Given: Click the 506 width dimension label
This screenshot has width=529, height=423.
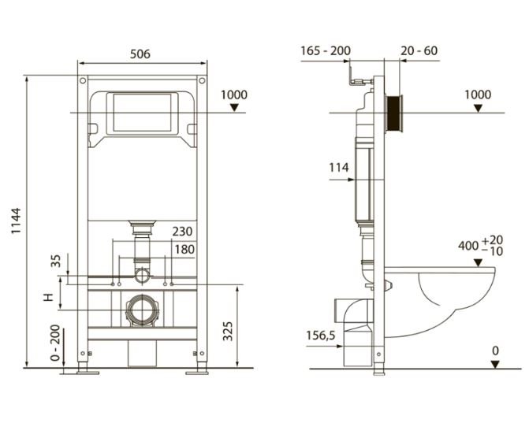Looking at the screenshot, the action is pyautogui.click(x=140, y=54).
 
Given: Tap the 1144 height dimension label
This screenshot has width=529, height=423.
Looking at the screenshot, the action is pyautogui.click(x=16, y=221).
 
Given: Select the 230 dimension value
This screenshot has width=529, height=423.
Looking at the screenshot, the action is pyautogui.click(x=183, y=232).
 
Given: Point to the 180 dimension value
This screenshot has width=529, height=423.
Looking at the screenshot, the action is pyautogui.click(x=184, y=250).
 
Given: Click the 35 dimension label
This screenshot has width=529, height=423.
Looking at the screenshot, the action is pyautogui.click(x=56, y=261).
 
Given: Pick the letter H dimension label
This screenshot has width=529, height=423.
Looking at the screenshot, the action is pyautogui.click(x=49, y=297).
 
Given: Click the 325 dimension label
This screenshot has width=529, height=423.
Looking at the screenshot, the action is pyautogui.click(x=228, y=332).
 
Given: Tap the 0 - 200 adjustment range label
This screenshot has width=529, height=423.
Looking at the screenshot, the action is pyautogui.click(x=55, y=343).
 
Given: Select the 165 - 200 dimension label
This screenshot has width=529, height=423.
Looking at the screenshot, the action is pyautogui.click(x=326, y=51).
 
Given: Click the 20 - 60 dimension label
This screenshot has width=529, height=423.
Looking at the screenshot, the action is pyautogui.click(x=419, y=51).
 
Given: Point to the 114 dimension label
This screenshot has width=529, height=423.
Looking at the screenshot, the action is pyautogui.click(x=339, y=168).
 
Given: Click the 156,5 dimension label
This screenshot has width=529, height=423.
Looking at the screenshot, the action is pyautogui.click(x=321, y=336).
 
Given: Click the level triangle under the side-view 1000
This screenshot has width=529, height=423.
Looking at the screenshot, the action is pyautogui.click(x=478, y=108).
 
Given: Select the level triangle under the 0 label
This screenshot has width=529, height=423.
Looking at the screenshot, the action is pyautogui.click(x=495, y=365).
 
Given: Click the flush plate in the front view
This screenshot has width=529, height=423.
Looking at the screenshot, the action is pyautogui.click(x=142, y=113).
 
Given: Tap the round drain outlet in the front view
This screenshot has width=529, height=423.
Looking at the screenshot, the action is pyautogui.click(x=142, y=310).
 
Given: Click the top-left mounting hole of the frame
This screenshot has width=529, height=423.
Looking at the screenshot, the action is pyautogui.click(x=83, y=81).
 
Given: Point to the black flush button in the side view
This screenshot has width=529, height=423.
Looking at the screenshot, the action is pyautogui.click(x=393, y=114).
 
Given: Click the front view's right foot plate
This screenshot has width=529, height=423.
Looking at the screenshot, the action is pyautogui.click(x=197, y=373).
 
